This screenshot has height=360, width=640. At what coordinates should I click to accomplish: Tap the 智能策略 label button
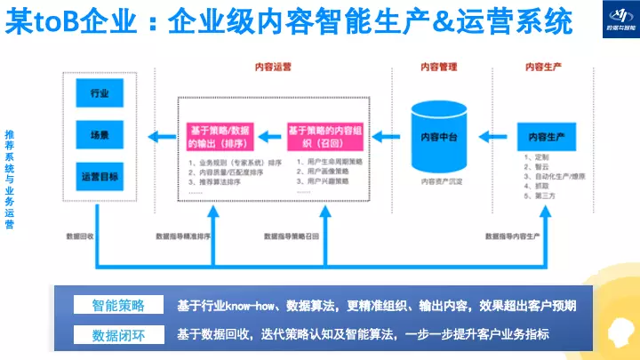(x=117, y=306)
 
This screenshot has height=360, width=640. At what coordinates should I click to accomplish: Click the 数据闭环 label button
(x=117, y=335)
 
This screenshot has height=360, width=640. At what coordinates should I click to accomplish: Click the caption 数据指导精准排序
(x=184, y=236)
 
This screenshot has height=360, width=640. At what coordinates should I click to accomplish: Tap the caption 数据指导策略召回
(x=293, y=236)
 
